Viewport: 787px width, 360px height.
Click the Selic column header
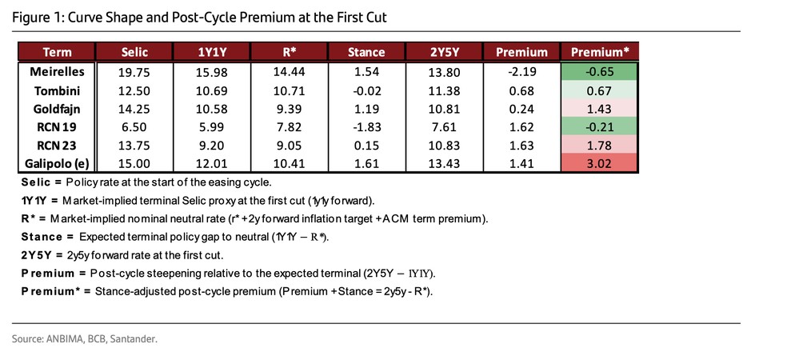[134, 53]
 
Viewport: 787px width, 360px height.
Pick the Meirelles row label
[58, 72]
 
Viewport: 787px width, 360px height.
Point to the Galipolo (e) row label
[58, 164]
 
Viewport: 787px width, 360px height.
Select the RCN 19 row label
[58, 127]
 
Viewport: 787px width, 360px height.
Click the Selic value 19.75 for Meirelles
[134, 72]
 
